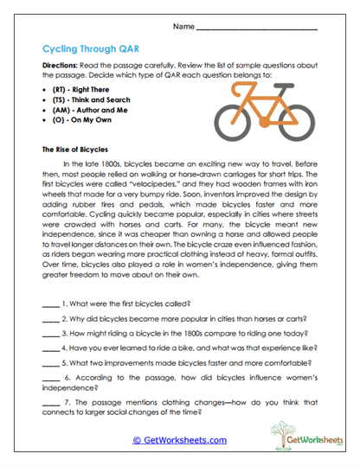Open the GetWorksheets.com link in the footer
(x=179, y=440)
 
